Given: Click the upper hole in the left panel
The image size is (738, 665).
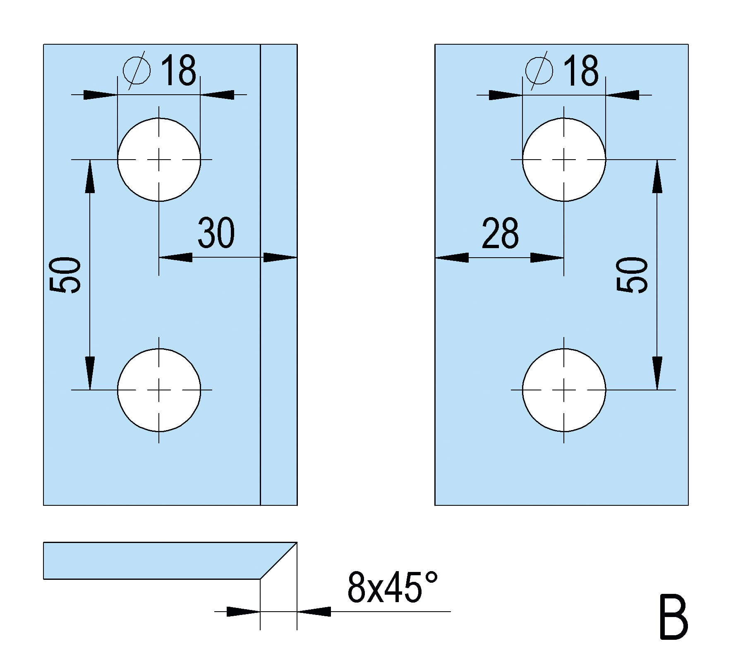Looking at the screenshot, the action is tap(159, 160).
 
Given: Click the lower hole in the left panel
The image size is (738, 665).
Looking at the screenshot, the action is tap(159, 390).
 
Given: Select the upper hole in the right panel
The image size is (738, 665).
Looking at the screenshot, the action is tap(564, 160).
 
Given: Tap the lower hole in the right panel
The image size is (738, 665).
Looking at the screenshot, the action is tap(564, 390).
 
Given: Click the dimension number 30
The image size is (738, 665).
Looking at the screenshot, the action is tap(216, 232).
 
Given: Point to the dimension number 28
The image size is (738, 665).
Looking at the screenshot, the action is tap(500, 232).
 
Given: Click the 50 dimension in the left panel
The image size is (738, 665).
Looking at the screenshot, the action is tap(65, 275).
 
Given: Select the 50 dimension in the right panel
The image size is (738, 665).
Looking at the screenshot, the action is tap(632, 275).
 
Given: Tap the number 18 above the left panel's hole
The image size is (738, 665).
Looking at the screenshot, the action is tap(178, 70).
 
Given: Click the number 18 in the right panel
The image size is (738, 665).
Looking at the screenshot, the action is tap(581, 70).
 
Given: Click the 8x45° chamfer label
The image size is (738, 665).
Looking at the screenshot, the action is tap(393, 587).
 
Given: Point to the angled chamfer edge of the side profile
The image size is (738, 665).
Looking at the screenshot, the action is tap(278, 560).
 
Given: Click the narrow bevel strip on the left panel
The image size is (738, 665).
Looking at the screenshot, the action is tap(279, 275).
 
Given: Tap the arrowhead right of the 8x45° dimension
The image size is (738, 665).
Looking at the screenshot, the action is tap(314, 611).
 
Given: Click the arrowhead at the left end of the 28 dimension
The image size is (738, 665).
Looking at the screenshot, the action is tap(452, 258).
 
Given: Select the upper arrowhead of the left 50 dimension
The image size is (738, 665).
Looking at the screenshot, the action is tap(90, 176).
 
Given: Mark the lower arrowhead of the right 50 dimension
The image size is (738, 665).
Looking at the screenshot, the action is tap(657, 373).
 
